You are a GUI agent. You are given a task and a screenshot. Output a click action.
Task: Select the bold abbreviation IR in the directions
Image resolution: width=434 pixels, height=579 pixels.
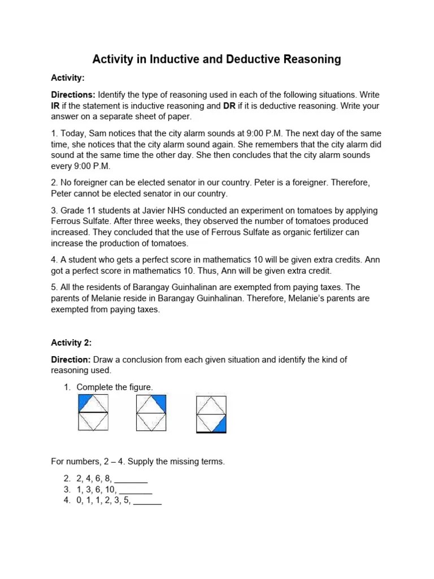(x=56, y=106)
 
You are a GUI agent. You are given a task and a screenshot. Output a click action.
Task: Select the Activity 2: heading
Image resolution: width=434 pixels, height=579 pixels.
(x=71, y=343)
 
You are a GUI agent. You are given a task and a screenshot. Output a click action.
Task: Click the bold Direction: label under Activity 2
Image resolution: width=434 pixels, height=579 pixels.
(x=71, y=360)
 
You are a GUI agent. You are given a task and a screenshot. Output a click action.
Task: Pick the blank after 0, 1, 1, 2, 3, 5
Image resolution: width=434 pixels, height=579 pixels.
(x=147, y=500)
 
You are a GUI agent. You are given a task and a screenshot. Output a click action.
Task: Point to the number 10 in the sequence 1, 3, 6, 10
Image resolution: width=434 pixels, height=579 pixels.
(x=110, y=490)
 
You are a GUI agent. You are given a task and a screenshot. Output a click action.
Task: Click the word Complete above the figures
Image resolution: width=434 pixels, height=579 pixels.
(x=94, y=387)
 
